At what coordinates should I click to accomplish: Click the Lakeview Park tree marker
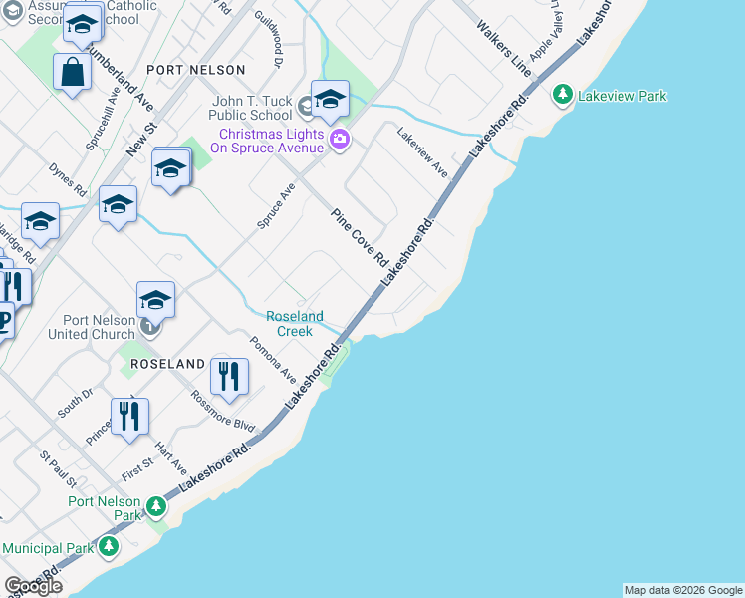563,96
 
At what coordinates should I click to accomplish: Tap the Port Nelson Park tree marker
156,508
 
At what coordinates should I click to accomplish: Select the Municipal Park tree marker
109,546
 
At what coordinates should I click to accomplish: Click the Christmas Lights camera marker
339,140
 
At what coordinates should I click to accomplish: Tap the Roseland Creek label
295,324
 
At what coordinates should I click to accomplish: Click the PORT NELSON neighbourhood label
195,70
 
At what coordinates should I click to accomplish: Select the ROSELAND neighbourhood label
166,365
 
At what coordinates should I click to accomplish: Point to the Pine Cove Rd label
360,237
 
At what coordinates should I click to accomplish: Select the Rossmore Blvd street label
223,410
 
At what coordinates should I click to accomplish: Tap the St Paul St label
58,470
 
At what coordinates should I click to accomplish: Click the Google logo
33,586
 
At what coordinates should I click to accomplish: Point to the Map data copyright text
682,590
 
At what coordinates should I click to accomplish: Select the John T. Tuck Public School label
253,108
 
